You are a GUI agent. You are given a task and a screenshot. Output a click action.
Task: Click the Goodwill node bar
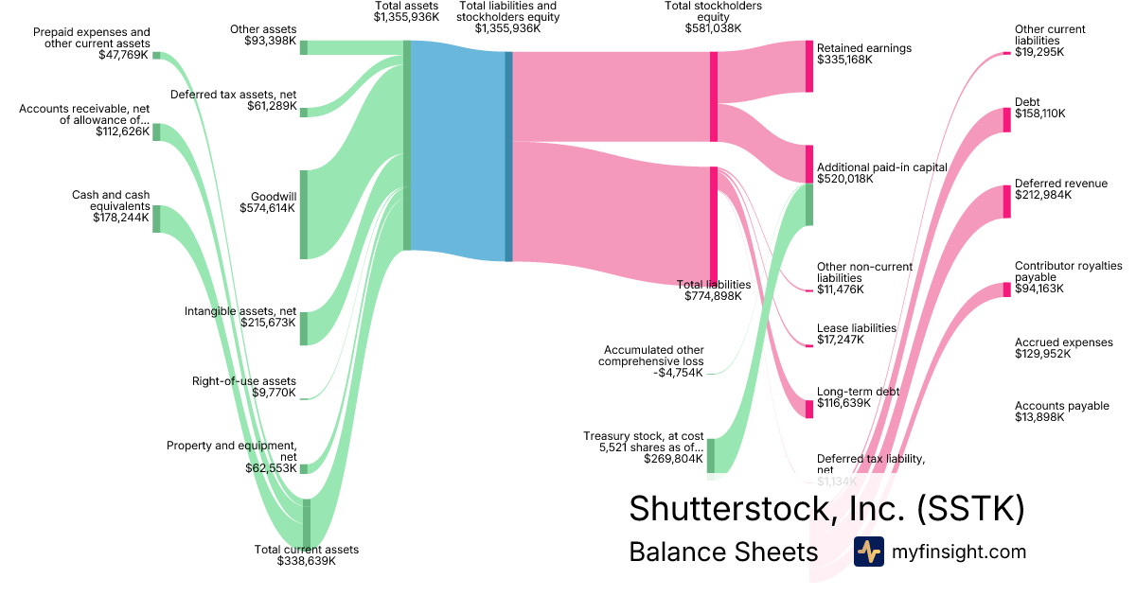click(304, 214)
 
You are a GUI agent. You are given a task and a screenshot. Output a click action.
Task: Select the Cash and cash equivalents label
click(111, 201)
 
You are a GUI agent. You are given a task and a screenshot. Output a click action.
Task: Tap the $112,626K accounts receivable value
click(122, 131)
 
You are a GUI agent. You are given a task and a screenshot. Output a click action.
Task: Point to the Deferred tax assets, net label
click(233, 94)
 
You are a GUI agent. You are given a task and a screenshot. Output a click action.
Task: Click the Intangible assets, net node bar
click(304, 328)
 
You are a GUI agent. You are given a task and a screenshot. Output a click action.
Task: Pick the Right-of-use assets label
click(244, 381)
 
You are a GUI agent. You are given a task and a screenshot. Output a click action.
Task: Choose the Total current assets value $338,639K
click(306, 561)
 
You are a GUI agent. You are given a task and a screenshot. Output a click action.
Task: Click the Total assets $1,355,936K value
click(406, 17)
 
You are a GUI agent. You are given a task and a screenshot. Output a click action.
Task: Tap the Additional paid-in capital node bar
click(809, 185)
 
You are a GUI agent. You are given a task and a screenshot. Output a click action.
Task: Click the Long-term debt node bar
click(809, 408)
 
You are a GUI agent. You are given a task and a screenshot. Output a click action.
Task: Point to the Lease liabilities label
click(856, 328)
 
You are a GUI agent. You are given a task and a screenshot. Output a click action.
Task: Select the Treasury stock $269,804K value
click(670, 459)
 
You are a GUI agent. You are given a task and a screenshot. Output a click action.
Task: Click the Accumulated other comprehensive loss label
click(654, 356)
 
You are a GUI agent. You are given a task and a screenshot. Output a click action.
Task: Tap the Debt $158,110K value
click(1039, 114)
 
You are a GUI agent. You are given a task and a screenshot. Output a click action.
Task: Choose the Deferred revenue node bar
click(1006, 202)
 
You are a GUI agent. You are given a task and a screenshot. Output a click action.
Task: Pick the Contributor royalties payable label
click(1068, 272)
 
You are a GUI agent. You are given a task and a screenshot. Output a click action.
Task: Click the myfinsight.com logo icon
click(869, 552)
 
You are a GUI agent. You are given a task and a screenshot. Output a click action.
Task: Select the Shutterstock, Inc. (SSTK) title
click(826, 508)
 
